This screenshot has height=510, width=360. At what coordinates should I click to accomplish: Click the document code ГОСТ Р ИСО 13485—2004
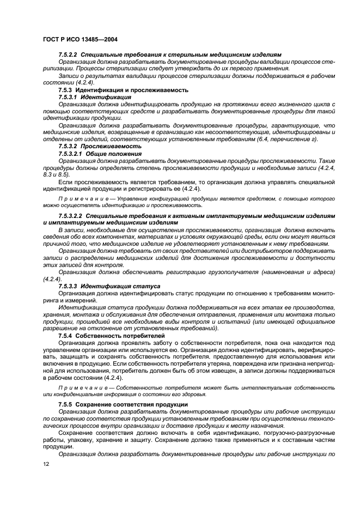tap(81, 39)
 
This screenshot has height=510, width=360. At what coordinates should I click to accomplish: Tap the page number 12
tap(46, 463)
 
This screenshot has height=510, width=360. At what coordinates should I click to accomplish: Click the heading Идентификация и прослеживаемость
tap(132, 89)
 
